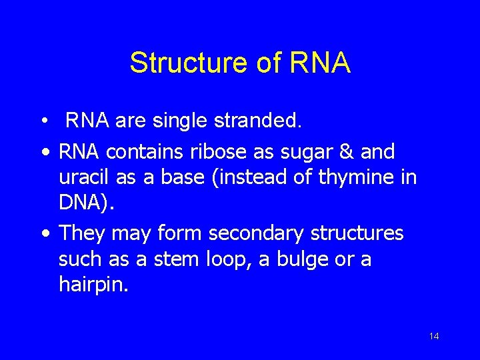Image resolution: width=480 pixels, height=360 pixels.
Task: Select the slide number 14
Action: click(x=434, y=336)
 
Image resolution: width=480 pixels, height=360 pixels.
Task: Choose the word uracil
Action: click(x=81, y=178)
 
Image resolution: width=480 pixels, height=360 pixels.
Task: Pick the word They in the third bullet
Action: click(x=83, y=233)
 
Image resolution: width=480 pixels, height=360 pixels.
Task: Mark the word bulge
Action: click(x=293, y=259)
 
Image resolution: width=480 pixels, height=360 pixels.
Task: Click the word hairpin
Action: click(x=91, y=286)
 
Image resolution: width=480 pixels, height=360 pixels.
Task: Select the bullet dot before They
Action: click(x=44, y=234)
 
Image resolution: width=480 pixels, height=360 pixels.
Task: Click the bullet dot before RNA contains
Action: click(x=44, y=153)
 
